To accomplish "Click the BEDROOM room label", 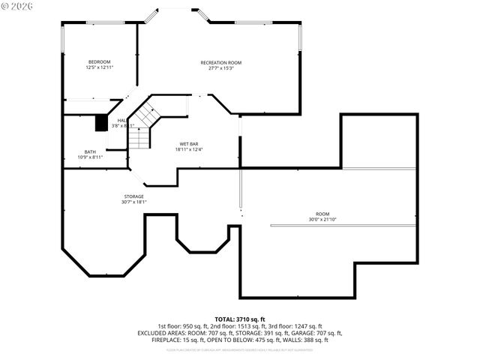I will (100, 61).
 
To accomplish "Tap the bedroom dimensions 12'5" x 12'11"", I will (100, 68).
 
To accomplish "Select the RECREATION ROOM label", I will (220, 62).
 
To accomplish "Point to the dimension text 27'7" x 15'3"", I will (220, 69).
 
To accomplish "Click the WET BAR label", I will (188, 143).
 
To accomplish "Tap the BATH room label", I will (90, 151).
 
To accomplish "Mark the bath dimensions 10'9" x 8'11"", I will (90, 157).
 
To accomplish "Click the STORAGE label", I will (134, 196).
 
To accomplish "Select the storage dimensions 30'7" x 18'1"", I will (134, 202).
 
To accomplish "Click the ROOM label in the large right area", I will (322, 214).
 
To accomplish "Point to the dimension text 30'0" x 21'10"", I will (322, 220).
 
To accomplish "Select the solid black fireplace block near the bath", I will (101, 122).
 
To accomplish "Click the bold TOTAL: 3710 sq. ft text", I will (240, 319).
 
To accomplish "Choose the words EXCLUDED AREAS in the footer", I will (159, 333).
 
